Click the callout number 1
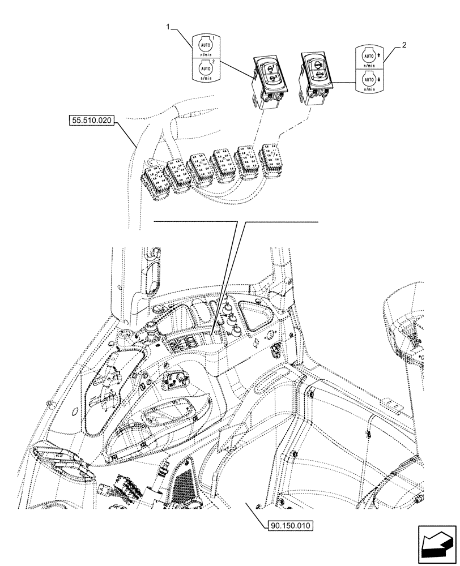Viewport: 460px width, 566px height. [x=168, y=25]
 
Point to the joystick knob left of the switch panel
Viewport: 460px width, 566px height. [x=151, y=328]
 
